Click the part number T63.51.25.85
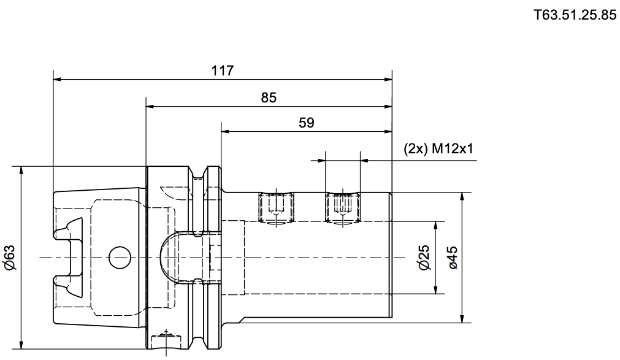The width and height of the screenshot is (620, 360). click(575, 15)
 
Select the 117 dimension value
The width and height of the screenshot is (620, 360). click(223, 71)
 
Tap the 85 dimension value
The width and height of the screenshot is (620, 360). click(269, 98)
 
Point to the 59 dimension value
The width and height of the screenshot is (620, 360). click(307, 123)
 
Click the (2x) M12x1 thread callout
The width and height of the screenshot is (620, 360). click(438, 149)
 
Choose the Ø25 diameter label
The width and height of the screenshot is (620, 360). click(424, 258)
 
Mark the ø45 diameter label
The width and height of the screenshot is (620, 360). click(453, 258)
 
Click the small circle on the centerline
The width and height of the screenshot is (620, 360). click(120, 258)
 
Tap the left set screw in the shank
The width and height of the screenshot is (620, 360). click(276, 207)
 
